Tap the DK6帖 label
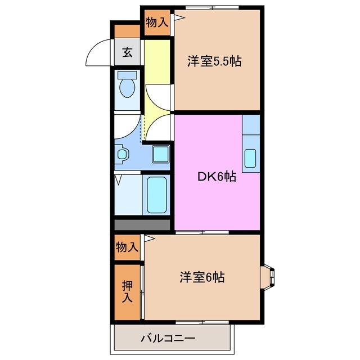(x=216, y=177)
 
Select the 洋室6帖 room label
(x=202, y=277)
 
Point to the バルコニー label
(x=167, y=338)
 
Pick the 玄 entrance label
(x=128, y=53)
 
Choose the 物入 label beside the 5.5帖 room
(x=156, y=22)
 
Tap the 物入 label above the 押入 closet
(x=127, y=247)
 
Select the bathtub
(x=156, y=195)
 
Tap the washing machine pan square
(x=161, y=153)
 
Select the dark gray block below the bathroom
(x=142, y=225)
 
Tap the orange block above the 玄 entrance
(x=127, y=31)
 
